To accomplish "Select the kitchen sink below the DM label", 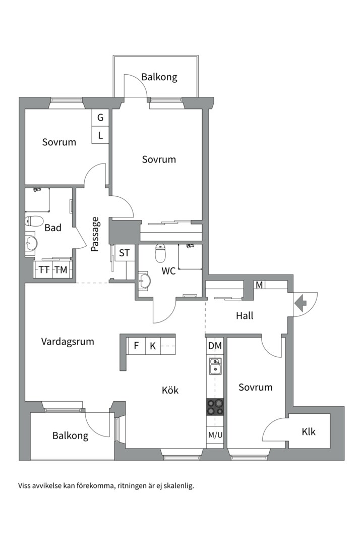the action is tap(215, 366).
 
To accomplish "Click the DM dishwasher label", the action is tap(215, 346).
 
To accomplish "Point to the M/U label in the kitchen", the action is tap(215, 435).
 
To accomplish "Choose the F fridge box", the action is tap(136, 346).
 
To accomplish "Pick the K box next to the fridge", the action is tap(153, 346).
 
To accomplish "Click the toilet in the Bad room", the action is tap(34, 221).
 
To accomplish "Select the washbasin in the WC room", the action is tap(145, 281).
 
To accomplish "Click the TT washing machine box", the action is tap(44, 269).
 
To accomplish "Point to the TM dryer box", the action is tap(62, 269).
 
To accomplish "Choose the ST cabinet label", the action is tap(124, 253).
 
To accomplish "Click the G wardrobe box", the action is tap(100, 118).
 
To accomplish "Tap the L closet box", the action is tap(100, 135).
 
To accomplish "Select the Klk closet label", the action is tap(309, 431).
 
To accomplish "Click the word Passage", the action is tap(95, 234).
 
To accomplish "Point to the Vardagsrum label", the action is tap(68, 342).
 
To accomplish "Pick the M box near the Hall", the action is tap(259, 285).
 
